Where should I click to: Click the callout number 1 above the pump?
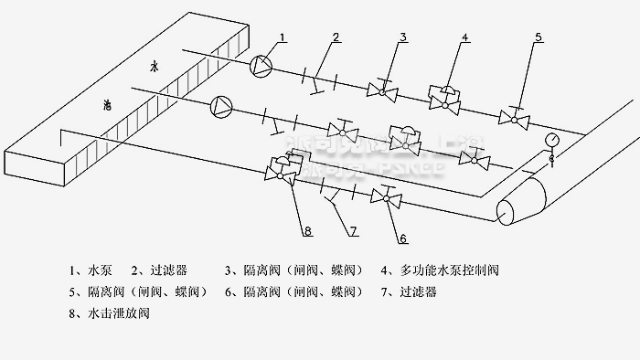283,37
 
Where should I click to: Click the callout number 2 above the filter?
336,37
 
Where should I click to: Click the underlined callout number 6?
401,238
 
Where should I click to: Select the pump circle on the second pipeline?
222,106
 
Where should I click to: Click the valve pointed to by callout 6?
383,196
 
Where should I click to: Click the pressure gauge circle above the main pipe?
551,140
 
